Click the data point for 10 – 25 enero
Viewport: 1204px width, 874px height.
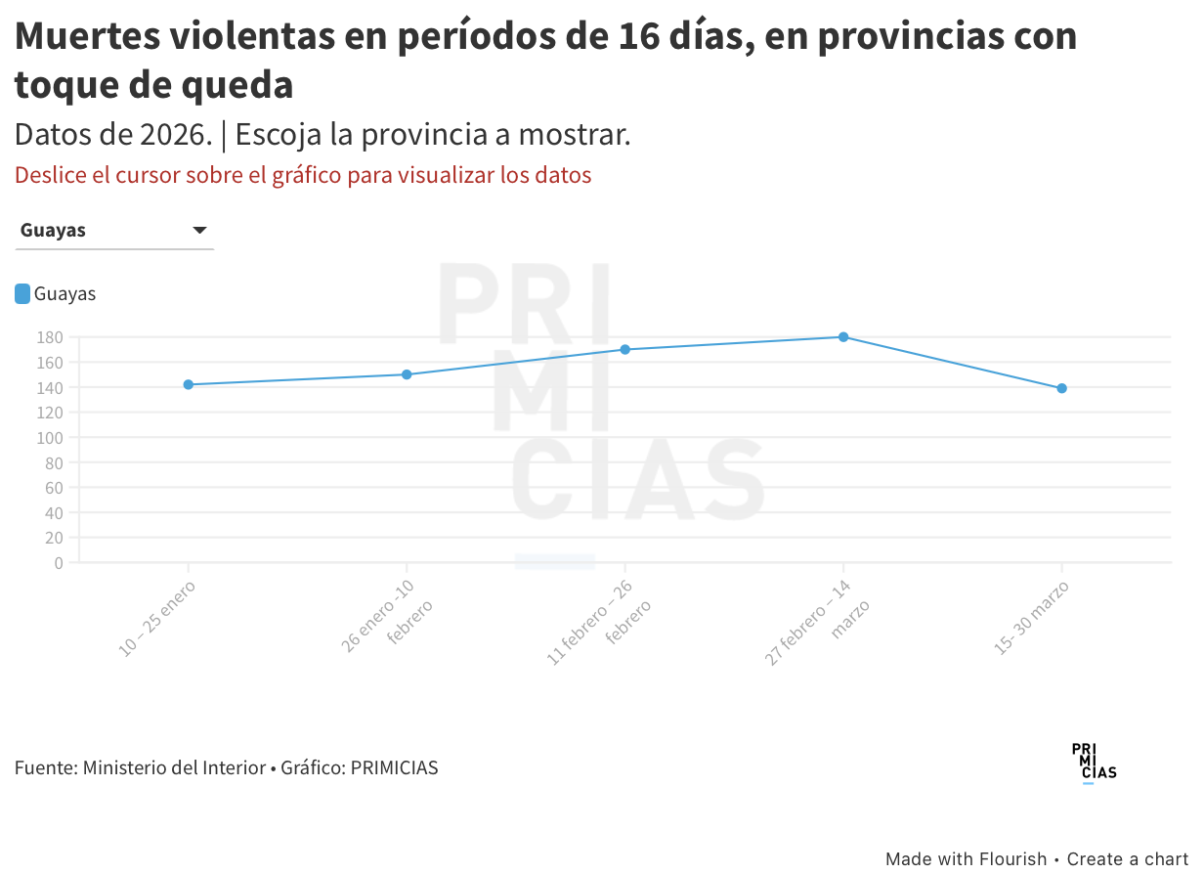pyautogui.click(x=188, y=384)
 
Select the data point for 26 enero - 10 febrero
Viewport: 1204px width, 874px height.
pyautogui.click(x=407, y=374)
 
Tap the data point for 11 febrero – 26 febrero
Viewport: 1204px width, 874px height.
pyautogui.click(x=624, y=349)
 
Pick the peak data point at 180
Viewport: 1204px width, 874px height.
pyautogui.click(x=843, y=337)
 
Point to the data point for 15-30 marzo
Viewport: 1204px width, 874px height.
pyautogui.click(x=1061, y=388)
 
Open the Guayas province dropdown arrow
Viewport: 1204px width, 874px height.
pyautogui.click(x=199, y=231)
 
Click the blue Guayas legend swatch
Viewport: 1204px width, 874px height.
pyautogui.click(x=22, y=293)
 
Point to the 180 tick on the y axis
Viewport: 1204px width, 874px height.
pyautogui.click(x=50, y=337)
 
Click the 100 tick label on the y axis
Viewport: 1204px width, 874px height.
pyautogui.click(x=50, y=437)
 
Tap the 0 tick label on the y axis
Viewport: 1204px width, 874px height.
pyautogui.click(x=59, y=562)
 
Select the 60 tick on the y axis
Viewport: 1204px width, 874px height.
pyautogui.click(x=54, y=487)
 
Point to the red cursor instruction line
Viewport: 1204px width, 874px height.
pyautogui.click(x=303, y=176)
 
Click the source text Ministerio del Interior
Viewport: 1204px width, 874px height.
pyautogui.click(x=174, y=767)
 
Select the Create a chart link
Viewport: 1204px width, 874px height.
pyautogui.click(x=1127, y=859)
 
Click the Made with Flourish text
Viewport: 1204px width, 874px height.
pyautogui.click(x=966, y=859)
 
